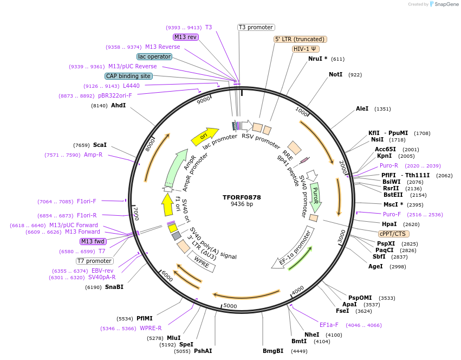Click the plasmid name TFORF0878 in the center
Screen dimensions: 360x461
point(242,197)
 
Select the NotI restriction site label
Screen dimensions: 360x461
point(335,74)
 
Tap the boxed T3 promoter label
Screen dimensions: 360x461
point(256,27)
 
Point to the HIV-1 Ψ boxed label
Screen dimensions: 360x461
point(306,49)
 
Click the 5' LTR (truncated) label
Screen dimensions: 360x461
point(300,39)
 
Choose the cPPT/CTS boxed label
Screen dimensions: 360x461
point(393,234)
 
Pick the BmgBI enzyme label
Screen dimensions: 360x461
point(273,351)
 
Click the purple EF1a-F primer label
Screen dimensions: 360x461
point(329,325)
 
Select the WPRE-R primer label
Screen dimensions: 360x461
point(151,328)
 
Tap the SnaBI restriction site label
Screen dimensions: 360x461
point(114,287)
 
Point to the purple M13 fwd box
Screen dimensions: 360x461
point(93,241)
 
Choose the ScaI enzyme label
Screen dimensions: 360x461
point(100,145)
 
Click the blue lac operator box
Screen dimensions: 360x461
point(154,56)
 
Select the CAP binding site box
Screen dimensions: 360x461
point(128,76)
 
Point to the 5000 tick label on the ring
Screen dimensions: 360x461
point(230,306)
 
